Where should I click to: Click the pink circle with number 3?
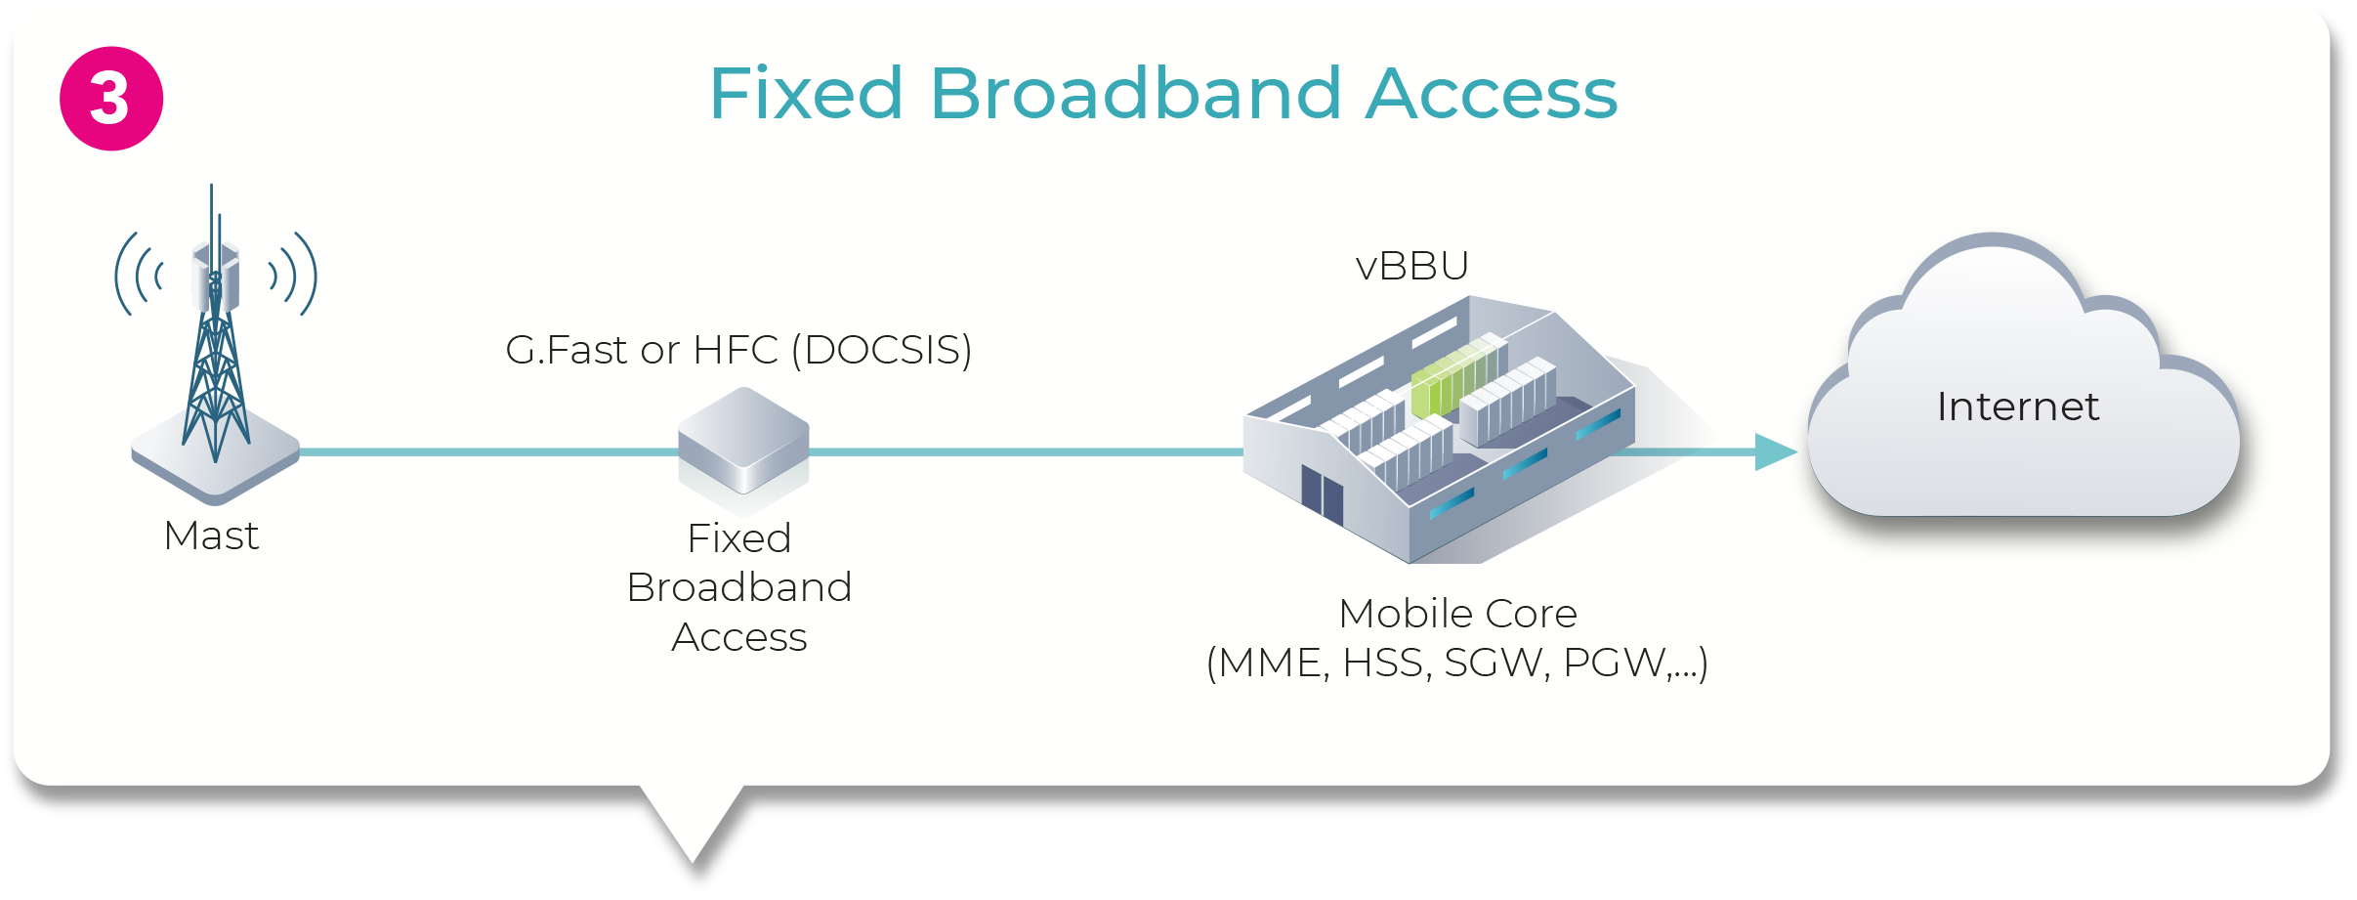click(110, 99)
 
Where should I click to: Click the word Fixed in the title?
click(806, 94)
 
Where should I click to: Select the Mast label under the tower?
click(211, 536)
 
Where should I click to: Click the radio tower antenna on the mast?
click(216, 322)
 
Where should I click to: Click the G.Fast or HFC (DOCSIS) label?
click(738, 350)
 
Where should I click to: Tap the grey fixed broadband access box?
click(743, 441)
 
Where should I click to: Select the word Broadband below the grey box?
click(739, 587)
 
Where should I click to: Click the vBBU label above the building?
click(1411, 266)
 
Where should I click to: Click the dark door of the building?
click(1322, 493)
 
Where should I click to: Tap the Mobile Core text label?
click(1457, 614)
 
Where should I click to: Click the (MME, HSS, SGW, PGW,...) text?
click(1456, 664)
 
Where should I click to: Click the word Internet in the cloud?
click(2017, 407)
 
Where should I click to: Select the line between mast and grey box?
click(488, 451)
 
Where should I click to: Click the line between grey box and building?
click(1026, 451)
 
